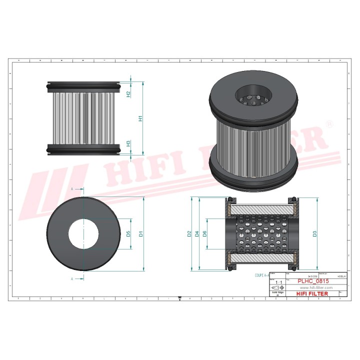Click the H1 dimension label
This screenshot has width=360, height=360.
click(x=141, y=118)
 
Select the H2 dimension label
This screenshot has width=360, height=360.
click(x=128, y=93)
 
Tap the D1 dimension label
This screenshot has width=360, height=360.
click(x=141, y=233)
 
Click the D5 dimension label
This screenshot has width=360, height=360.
click(x=128, y=233)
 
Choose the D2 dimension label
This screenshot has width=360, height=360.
click(x=189, y=233)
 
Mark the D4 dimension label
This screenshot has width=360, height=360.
click(x=197, y=233)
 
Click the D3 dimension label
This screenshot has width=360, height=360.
click(x=314, y=233)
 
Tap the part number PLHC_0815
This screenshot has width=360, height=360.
click(x=313, y=281)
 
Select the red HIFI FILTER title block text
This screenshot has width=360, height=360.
click(x=313, y=294)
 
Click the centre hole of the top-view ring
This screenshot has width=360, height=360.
click(x=83, y=233)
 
